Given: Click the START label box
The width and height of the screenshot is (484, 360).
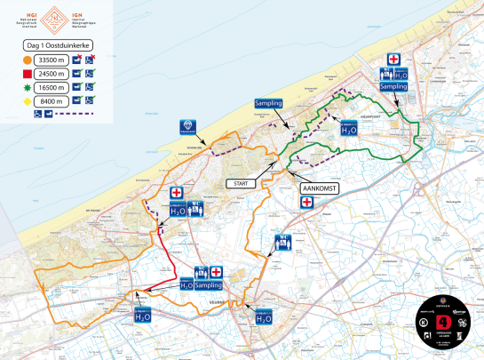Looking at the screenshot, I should [240, 183].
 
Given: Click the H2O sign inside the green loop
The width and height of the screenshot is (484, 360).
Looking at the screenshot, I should [349, 128].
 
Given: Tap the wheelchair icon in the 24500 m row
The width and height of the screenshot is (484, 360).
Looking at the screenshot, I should [91, 73].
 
